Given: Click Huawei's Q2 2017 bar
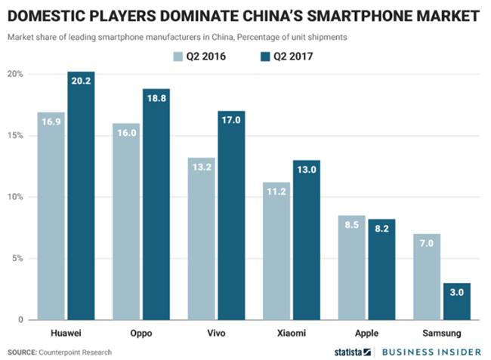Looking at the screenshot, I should (x=81, y=196).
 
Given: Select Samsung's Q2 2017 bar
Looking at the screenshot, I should (x=457, y=301).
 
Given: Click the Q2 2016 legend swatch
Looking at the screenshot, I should (x=179, y=55).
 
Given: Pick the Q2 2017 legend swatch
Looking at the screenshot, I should (x=266, y=55).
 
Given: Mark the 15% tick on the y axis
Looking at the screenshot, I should (x=16, y=136).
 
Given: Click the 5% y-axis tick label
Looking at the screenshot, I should (x=18, y=259).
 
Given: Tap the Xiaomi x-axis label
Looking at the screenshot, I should (x=291, y=331).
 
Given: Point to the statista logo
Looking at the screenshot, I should (x=353, y=352).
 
